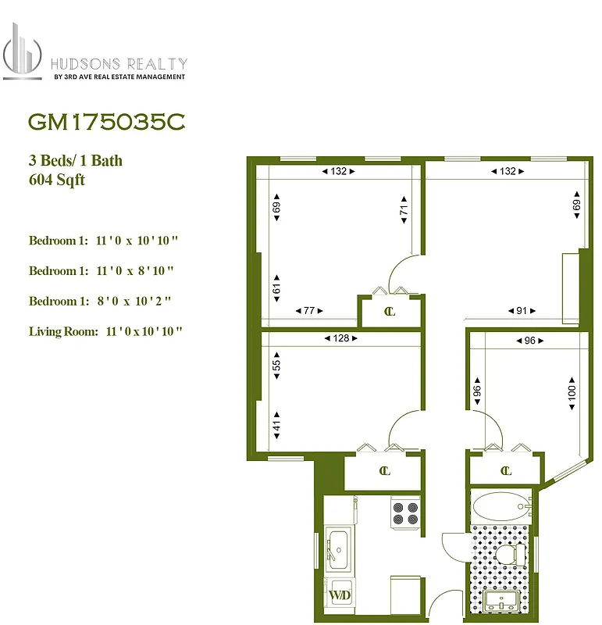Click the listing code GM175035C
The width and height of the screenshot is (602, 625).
coord(107,123)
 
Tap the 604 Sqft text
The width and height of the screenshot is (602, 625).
coord(56,180)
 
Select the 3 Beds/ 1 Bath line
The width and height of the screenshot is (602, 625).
coord(76,161)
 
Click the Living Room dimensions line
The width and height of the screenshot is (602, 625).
coord(105,331)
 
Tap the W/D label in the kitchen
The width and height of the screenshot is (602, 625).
coord(339,597)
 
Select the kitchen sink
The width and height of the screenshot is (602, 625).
coord(339,545)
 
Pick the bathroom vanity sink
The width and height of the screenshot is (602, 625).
coord(498,602)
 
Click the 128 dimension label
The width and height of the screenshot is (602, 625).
coord(340,338)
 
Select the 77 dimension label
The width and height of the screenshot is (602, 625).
coord(309,311)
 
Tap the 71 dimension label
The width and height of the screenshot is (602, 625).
coord(404,210)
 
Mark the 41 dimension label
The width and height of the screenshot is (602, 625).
coord(276,427)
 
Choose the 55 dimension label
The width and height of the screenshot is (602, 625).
coord(276,365)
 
